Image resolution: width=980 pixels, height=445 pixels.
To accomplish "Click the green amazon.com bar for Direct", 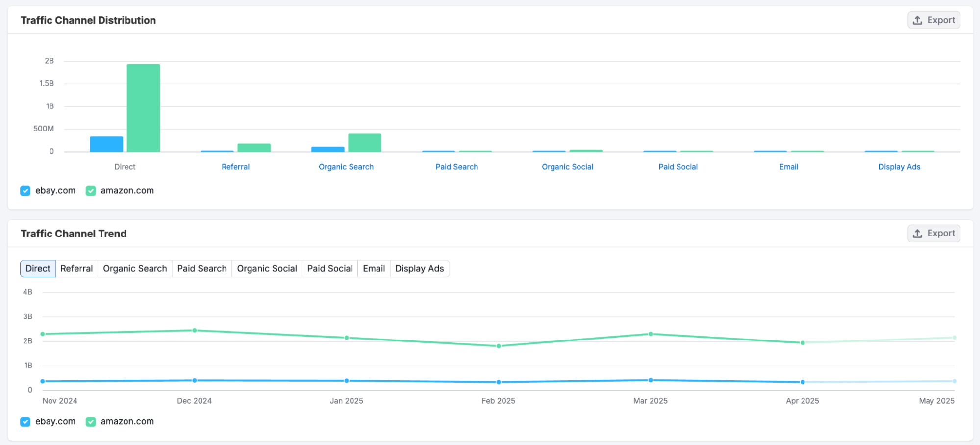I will click(x=143, y=108).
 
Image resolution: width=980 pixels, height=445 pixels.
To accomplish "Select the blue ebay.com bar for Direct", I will click(x=106, y=144).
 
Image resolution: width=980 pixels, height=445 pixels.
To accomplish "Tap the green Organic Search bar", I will click(x=364, y=143).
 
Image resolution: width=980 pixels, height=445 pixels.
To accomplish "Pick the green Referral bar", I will click(x=254, y=148).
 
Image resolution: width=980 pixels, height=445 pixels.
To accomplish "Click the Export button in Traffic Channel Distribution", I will click(x=933, y=20).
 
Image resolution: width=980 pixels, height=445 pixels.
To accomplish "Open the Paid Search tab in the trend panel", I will click(x=201, y=269).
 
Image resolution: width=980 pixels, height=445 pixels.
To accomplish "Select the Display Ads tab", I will click(x=419, y=269).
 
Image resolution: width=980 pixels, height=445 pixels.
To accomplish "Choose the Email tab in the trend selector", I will click(x=374, y=269).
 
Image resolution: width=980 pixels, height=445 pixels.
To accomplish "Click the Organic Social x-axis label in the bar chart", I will click(x=567, y=167).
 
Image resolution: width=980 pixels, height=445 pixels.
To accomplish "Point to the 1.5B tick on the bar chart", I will click(x=47, y=83).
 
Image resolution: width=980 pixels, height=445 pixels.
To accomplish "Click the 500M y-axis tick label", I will click(x=44, y=129).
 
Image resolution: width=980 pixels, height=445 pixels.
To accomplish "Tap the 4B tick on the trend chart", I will click(x=28, y=292).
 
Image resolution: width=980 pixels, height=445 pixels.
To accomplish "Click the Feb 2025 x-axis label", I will click(x=498, y=401).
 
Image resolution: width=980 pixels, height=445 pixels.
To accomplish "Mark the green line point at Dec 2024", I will click(x=195, y=330).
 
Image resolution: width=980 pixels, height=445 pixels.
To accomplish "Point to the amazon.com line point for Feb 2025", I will click(x=499, y=346).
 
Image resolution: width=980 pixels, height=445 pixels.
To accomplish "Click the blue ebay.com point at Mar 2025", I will click(x=651, y=380).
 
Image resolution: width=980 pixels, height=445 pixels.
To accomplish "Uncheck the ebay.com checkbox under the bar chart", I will click(x=25, y=191).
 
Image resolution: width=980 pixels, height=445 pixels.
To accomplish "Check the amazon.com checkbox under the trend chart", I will click(x=91, y=422).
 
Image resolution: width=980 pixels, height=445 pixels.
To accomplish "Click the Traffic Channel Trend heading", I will click(x=74, y=234).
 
